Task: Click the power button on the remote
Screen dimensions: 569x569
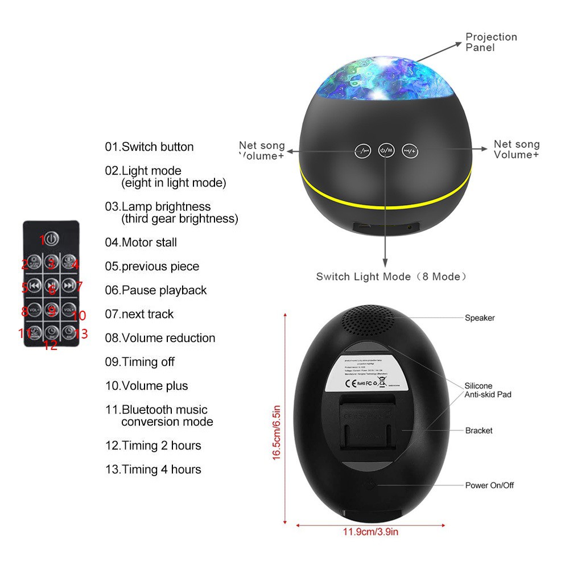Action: point(51,238)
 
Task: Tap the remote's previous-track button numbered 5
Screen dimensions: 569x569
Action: point(34,286)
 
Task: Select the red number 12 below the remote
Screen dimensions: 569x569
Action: point(51,345)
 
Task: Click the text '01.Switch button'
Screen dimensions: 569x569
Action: point(149,147)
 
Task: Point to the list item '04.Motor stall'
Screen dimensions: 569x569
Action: point(141,242)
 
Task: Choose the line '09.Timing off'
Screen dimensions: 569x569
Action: point(139,362)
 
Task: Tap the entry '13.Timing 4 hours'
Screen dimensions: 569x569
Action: point(153,469)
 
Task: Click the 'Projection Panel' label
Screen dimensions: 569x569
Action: point(491,42)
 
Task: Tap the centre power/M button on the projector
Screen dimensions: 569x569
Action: point(386,150)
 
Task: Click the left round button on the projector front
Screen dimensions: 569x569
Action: point(362,151)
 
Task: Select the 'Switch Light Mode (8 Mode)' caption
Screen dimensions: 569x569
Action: point(391,277)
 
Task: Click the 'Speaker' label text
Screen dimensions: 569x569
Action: point(480,318)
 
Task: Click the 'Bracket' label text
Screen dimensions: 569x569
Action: point(479,431)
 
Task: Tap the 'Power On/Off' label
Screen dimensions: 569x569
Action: point(489,485)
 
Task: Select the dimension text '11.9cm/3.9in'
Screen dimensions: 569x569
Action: point(370,532)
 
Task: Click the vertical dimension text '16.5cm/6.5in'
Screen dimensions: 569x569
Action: point(277,432)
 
